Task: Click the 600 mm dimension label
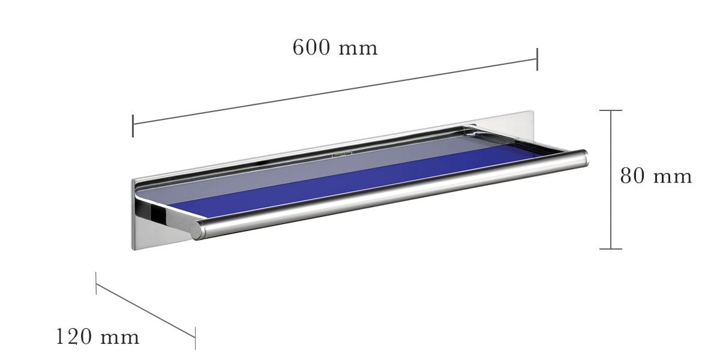click(335, 47)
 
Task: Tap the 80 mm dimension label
click(656, 176)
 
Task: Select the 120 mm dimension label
click(97, 337)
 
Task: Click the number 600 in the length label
click(311, 47)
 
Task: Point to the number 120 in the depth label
click(74, 337)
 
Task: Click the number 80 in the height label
click(632, 176)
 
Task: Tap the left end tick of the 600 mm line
click(133, 125)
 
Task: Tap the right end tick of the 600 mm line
click(537, 59)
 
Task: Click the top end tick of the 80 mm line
click(611, 110)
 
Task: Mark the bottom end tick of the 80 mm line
click(611, 248)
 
